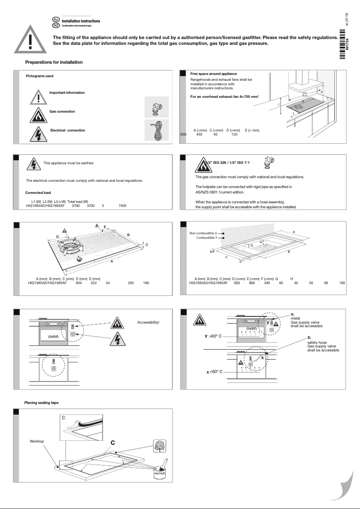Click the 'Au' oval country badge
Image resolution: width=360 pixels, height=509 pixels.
[56, 20]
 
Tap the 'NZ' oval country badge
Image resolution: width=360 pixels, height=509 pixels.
[56, 26]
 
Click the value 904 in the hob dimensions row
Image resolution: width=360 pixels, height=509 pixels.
[79, 283]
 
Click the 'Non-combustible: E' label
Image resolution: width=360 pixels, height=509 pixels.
[203, 233]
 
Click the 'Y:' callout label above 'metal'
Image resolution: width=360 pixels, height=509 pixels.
[292, 315]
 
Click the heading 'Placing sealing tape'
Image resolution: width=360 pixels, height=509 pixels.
[41, 403]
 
